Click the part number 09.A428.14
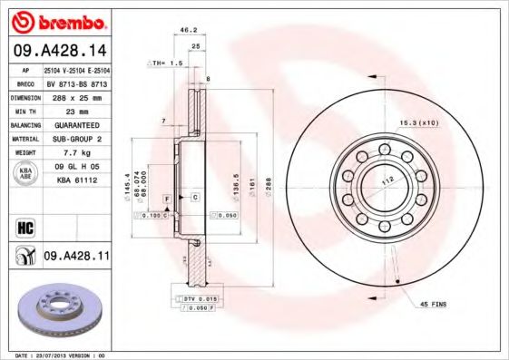point(58,51)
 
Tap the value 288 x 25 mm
point(74,95)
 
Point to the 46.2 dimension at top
point(189,30)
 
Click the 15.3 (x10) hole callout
point(418,122)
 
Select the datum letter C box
point(194,196)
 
